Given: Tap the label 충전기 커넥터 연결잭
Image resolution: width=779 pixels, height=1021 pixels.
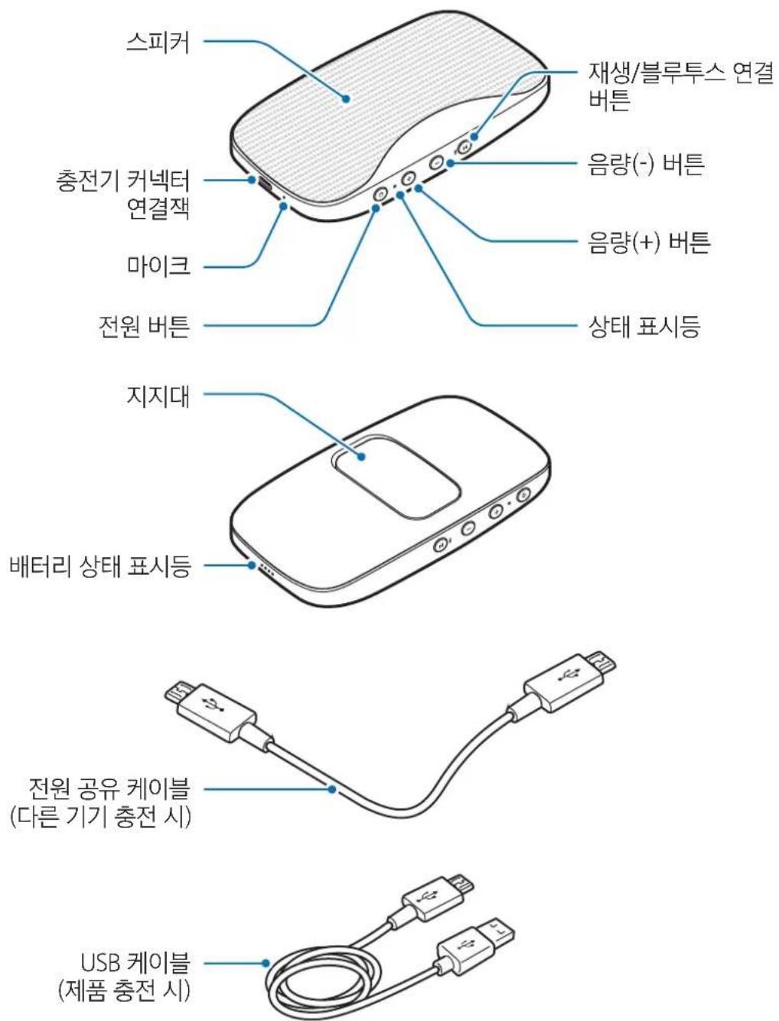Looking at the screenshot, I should [x=123, y=195].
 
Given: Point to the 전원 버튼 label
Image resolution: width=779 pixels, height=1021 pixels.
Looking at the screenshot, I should [x=142, y=328].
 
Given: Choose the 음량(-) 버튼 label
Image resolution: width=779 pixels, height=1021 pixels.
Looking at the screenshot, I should [x=645, y=164].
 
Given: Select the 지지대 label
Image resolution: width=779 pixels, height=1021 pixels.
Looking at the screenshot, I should [x=158, y=397].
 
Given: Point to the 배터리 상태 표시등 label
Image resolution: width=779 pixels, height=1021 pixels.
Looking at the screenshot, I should [x=99, y=567].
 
